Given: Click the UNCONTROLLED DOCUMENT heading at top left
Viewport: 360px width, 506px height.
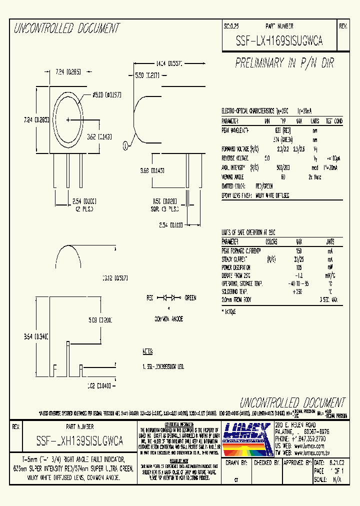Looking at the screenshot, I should pos(66,28).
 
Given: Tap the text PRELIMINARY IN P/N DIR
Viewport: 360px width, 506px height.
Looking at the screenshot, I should pos(284,63).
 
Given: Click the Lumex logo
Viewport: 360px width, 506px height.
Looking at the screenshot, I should pos(246,435).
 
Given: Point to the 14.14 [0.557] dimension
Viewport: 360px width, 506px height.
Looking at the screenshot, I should pos(168,64).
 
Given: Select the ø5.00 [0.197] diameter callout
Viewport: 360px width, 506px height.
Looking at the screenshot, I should pos(103,94).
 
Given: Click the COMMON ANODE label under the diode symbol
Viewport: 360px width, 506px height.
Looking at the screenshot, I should pos(168,318).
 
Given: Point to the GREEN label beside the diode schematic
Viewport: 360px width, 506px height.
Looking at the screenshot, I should pos(190,297).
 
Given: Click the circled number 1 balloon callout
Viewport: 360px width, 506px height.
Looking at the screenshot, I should pos(125,146).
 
